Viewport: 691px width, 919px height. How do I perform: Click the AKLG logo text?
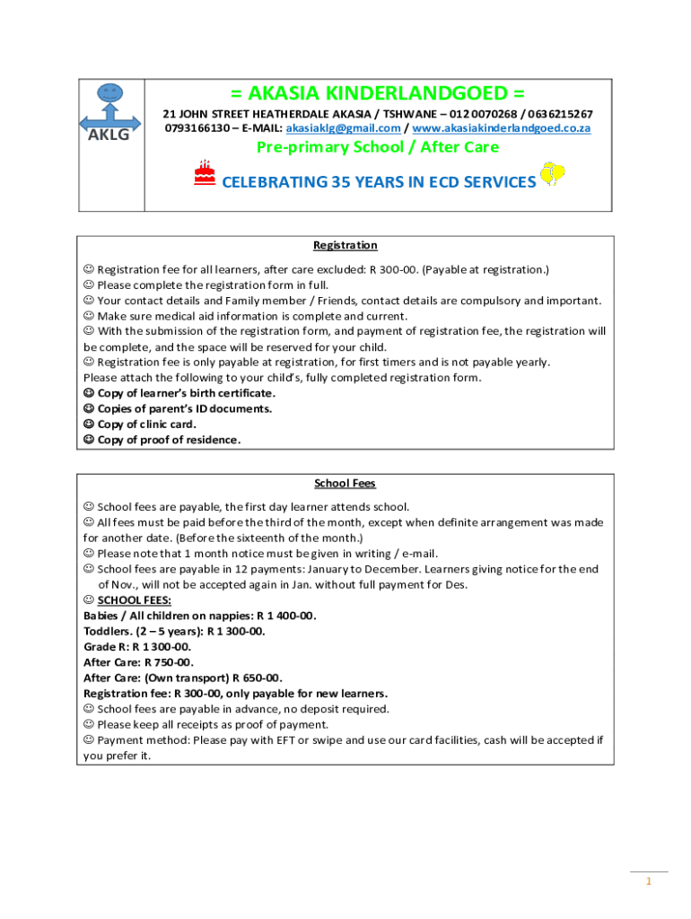pyautogui.click(x=109, y=135)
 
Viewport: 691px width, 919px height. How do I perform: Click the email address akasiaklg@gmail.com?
pyautogui.click(x=343, y=128)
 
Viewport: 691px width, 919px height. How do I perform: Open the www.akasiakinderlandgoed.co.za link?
pyautogui.click(x=501, y=128)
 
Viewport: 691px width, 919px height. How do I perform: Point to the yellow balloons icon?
pyautogui.click(x=552, y=175)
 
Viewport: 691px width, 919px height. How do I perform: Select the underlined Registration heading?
pyautogui.click(x=345, y=245)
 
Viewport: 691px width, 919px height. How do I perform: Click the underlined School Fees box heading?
pyautogui.click(x=345, y=483)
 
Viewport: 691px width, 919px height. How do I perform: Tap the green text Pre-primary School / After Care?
pyautogui.click(x=378, y=147)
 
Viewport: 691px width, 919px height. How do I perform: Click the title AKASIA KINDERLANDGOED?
pyautogui.click(x=378, y=93)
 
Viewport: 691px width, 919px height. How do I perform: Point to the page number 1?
pyautogui.click(x=648, y=881)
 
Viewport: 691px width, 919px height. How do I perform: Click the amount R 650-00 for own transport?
pyautogui.click(x=258, y=678)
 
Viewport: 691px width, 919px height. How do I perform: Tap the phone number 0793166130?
pyautogui.click(x=195, y=128)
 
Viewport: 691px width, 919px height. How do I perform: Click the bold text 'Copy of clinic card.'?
pyautogui.click(x=146, y=424)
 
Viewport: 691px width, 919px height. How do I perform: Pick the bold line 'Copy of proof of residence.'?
pyautogui.click(x=169, y=440)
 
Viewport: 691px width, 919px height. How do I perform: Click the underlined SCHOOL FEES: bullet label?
pyautogui.click(x=134, y=600)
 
